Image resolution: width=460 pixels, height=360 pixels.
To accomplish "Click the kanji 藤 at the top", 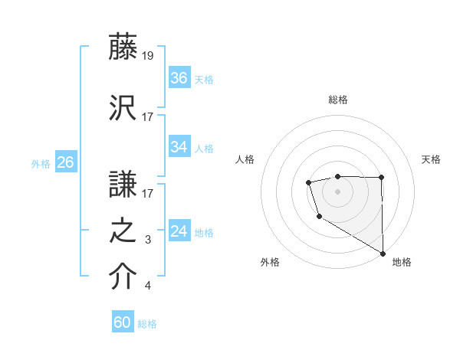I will click(123, 48).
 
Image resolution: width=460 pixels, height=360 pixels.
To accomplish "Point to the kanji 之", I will click(123, 231).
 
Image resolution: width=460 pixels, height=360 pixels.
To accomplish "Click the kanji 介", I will click(123, 277).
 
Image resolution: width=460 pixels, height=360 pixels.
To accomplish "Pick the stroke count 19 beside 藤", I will click(148, 56).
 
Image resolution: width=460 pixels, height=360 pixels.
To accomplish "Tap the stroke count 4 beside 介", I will click(148, 286).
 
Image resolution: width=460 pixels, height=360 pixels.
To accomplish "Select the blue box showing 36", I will click(179, 77).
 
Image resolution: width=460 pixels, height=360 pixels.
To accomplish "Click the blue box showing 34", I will click(179, 147).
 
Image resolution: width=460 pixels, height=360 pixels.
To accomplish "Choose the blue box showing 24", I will click(179, 231).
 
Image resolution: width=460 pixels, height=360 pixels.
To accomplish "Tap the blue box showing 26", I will click(65, 162).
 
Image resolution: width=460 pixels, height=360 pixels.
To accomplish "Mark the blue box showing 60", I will click(123, 322).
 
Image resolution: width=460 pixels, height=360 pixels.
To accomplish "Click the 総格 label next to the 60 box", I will click(147, 324).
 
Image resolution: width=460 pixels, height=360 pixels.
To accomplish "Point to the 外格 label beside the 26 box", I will click(41, 164).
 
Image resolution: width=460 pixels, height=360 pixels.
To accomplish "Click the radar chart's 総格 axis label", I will click(337, 100).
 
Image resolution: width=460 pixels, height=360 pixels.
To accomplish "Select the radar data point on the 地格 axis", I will click(383, 254).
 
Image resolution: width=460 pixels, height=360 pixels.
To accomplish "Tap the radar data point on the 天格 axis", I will click(381, 178).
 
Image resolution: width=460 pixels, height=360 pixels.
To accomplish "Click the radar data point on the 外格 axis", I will click(319, 217).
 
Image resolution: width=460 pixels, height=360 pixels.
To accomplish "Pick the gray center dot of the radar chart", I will click(337, 191).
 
